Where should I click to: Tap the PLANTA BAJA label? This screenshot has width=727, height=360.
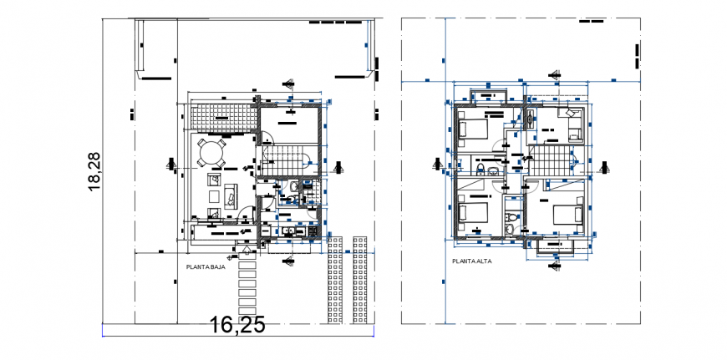[206, 267]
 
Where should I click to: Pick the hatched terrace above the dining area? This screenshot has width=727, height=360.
[221, 115]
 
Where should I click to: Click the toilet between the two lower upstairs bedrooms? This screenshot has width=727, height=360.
[511, 219]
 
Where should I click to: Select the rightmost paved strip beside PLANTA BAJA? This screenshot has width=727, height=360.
[360, 279]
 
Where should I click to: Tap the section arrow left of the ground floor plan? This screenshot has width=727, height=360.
[171, 165]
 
